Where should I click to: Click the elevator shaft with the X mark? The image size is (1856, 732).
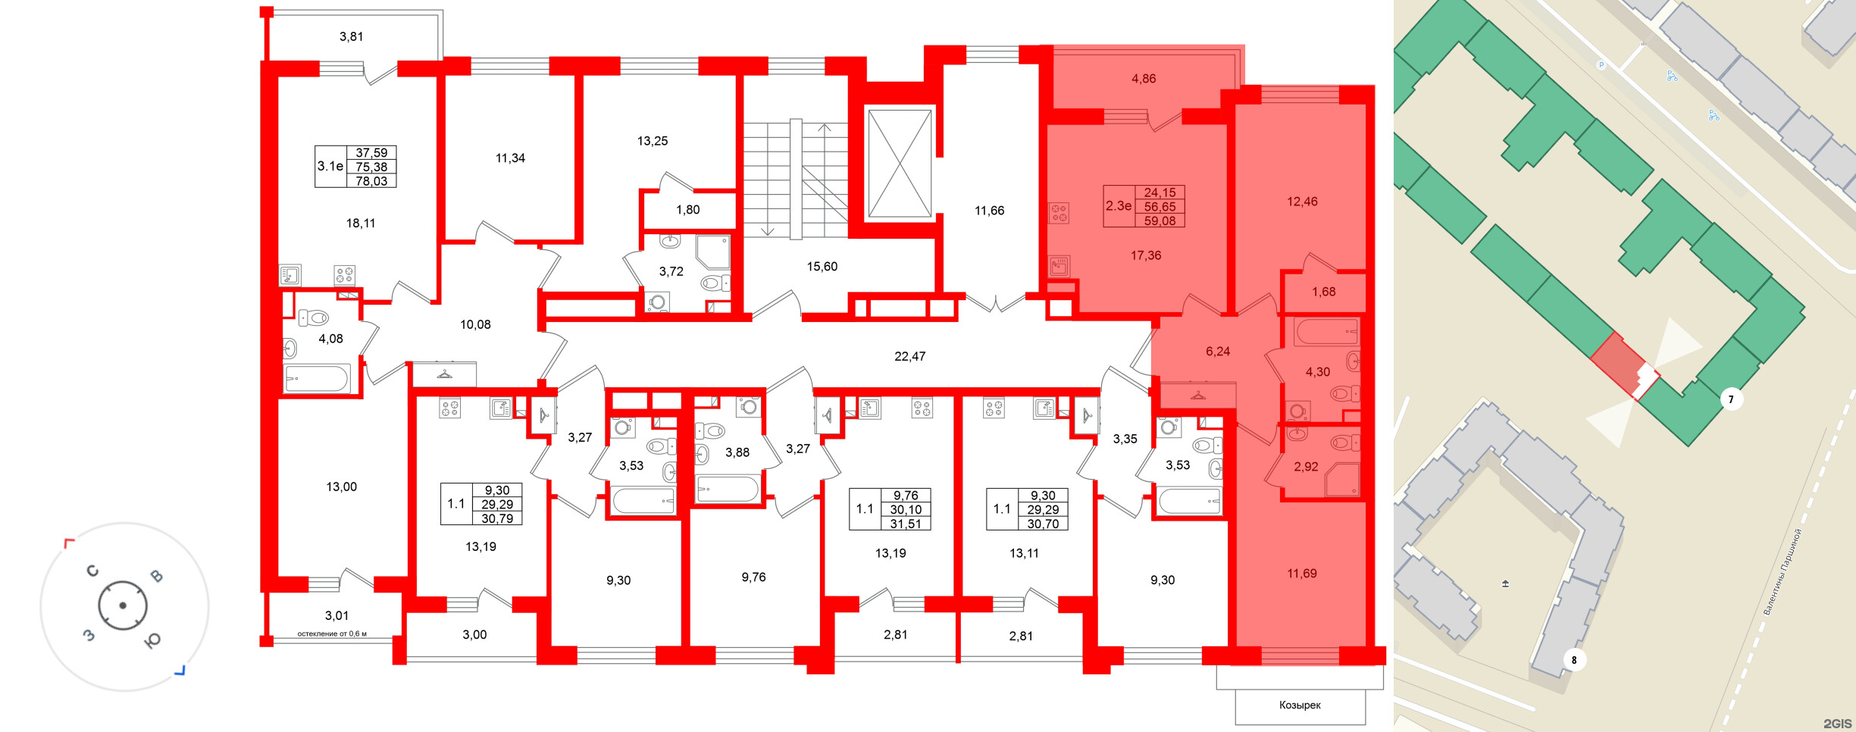tap(900, 164)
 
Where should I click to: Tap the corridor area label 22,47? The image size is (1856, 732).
tap(909, 356)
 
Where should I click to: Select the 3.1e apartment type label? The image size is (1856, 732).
tap(330, 166)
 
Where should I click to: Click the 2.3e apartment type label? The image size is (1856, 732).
tap(1119, 206)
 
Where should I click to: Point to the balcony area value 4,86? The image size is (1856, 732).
tap(1144, 79)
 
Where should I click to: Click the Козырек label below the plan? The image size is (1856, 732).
tap(1300, 705)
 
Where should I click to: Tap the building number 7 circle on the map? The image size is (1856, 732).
tap(1730, 399)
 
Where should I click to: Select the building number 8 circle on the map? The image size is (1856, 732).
tap(1574, 660)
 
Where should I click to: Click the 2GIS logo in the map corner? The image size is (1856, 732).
tap(1837, 724)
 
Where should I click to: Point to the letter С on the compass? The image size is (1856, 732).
tap(92, 571)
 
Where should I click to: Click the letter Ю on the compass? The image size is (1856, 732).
tap(152, 641)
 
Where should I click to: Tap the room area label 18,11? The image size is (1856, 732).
tap(361, 224)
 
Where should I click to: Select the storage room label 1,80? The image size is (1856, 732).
tap(688, 210)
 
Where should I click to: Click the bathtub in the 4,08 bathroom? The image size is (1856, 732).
tap(317, 378)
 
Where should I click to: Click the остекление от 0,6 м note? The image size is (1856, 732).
tap(332, 633)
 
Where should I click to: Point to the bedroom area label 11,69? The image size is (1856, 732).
tap(1301, 574)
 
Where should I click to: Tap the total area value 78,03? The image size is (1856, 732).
tap(371, 181)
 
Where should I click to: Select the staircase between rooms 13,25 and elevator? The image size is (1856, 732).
tap(795, 179)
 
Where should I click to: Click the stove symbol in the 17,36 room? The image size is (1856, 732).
tap(1059, 213)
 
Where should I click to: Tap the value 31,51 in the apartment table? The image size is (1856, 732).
tap(906, 524)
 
